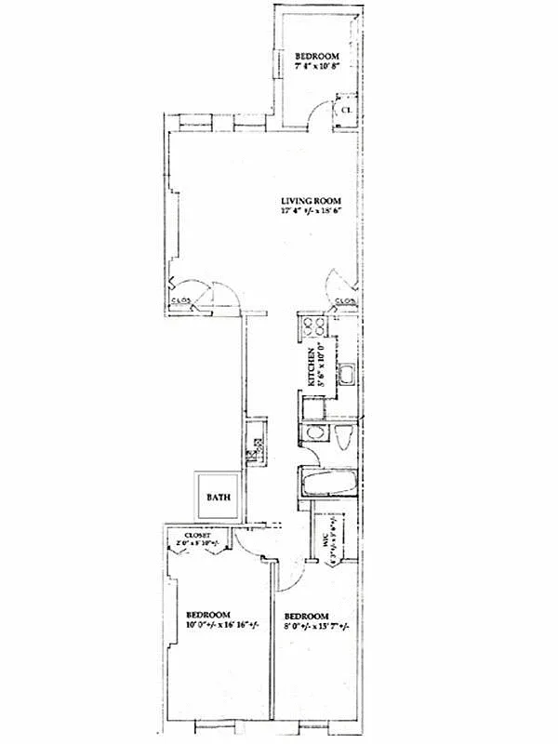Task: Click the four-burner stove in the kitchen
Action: [313, 326]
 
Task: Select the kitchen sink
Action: [343, 376]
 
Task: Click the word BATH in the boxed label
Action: [218, 498]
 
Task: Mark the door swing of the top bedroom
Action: [321, 116]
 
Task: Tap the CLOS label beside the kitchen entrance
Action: [343, 300]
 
